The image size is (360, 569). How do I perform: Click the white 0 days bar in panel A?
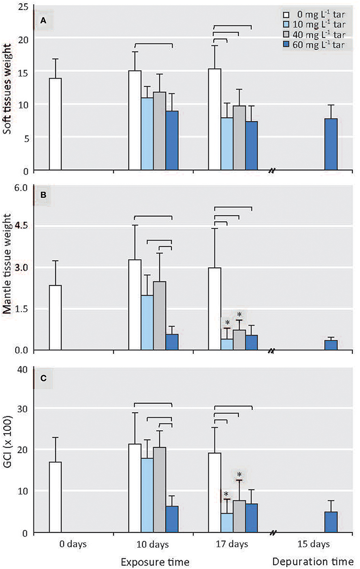pos(56,124)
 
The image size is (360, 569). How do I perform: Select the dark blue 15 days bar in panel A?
pos(331,144)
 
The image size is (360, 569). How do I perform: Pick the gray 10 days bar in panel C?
pos(160,489)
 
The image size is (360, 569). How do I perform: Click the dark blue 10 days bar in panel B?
pos(172,342)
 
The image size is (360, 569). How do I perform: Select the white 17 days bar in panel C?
pos(215,492)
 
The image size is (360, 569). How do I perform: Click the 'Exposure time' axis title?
pos(150,561)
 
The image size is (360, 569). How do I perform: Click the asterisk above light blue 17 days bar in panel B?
pos(227,322)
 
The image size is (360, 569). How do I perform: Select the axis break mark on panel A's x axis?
pos(272,170)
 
